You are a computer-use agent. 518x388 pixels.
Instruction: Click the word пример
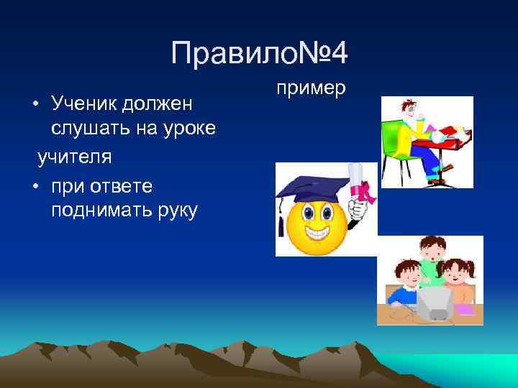pyautogui.click(x=312, y=88)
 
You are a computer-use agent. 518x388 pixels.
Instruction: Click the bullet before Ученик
pyautogui.click(x=35, y=104)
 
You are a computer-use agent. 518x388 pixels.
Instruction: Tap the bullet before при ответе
pyautogui.click(x=35, y=187)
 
